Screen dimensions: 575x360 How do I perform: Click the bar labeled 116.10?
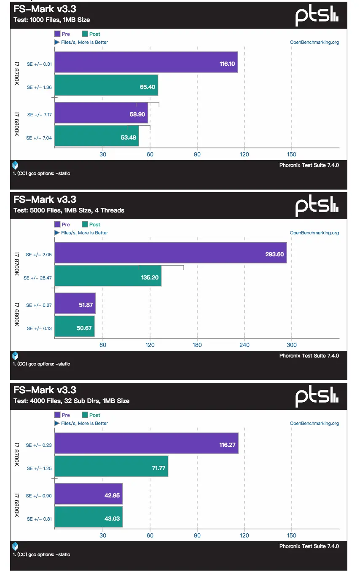tap(146, 62)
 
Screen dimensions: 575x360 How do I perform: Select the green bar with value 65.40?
tap(106, 85)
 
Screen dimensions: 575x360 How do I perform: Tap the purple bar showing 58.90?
tap(101, 113)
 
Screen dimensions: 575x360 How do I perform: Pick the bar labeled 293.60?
tap(170, 253)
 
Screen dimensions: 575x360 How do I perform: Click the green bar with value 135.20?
tap(108, 276)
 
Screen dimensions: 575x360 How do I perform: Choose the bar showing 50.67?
tap(75, 326)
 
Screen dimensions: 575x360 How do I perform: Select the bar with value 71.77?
tap(111, 466)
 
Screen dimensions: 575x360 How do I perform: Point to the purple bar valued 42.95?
tap(89, 494)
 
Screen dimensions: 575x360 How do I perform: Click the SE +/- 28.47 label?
tap(38, 278)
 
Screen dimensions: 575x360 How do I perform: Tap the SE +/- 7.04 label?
tap(39, 138)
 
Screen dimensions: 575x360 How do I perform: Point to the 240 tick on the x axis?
tap(244, 345)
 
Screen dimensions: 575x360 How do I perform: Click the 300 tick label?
tap(292, 345)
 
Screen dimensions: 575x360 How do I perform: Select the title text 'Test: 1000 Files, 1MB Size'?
tap(51, 19)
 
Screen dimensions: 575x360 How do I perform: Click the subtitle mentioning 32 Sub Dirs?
tap(71, 400)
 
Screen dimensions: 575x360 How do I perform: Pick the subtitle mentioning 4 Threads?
tap(69, 210)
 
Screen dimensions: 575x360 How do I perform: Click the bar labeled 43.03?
tap(89, 517)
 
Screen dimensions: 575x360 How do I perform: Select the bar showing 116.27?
tap(146, 443)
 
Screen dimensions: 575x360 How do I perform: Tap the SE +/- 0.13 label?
tap(39, 328)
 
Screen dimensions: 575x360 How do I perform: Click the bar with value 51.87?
tap(75, 303)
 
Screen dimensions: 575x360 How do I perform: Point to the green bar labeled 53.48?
tap(97, 136)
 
